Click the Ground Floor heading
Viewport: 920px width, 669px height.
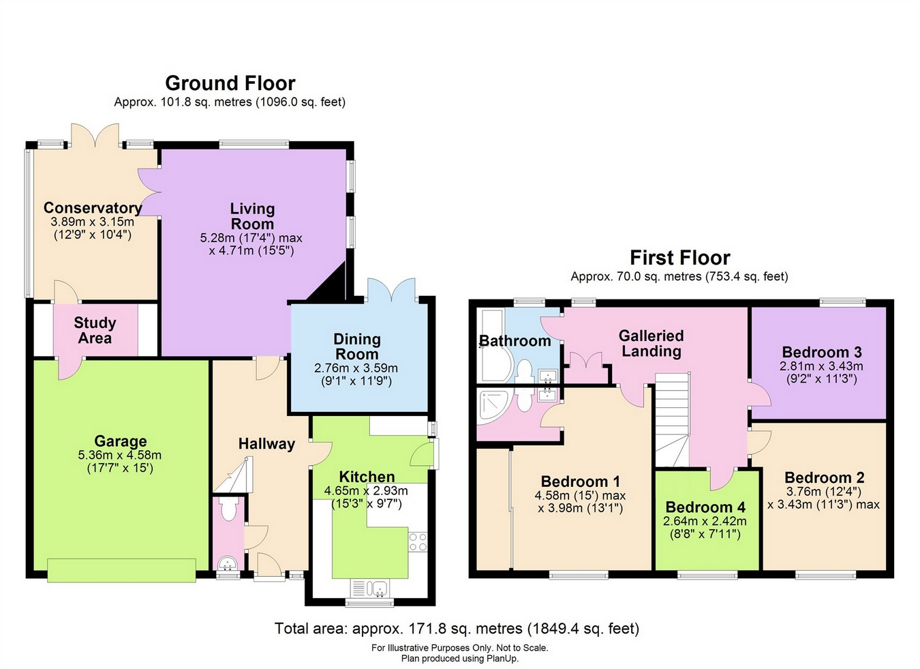click(x=230, y=83)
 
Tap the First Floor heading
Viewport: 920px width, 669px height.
click(x=680, y=258)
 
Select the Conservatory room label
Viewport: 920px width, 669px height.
click(x=93, y=207)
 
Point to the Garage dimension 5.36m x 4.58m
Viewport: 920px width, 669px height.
click(x=119, y=455)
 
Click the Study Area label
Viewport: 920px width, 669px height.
click(x=95, y=330)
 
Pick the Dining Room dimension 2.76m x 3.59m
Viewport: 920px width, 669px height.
click(x=356, y=368)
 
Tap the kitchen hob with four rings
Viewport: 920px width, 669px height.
click(x=418, y=542)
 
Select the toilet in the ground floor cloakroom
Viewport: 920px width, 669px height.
click(x=228, y=509)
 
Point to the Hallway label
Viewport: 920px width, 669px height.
click(x=266, y=444)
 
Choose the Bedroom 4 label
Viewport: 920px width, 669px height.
click(x=705, y=507)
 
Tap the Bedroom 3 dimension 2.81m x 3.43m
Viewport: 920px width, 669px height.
click(x=821, y=366)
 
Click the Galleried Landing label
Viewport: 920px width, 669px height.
click(x=651, y=344)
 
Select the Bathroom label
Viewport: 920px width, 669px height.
click(x=515, y=341)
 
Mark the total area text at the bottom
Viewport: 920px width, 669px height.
click(x=457, y=628)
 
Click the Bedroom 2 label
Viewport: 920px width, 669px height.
click(x=825, y=477)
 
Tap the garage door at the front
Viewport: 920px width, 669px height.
click(x=121, y=570)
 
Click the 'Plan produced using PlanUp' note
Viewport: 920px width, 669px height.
click(x=459, y=659)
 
